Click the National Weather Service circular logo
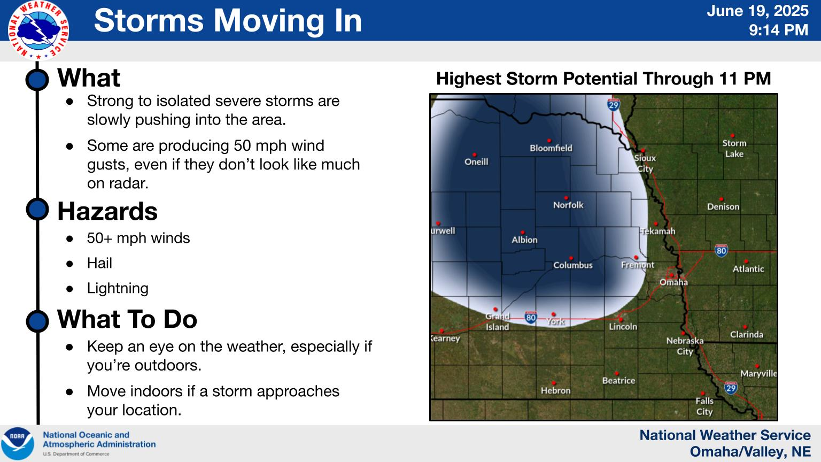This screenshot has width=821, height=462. tap(38, 30)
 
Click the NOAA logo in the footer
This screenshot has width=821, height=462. tap(18, 443)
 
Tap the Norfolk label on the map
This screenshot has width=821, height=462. tap(568, 205)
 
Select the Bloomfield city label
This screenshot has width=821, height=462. tap(551, 148)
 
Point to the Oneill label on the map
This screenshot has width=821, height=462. tap(476, 161)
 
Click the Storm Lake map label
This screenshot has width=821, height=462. tap(734, 149)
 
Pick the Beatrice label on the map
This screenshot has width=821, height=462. tap(618, 381)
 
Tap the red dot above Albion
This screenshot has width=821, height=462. tap(523, 233)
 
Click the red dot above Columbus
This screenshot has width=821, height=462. tap(571, 258)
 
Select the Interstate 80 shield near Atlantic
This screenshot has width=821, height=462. tap(721, 250)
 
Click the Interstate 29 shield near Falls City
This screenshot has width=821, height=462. tap(731, 388)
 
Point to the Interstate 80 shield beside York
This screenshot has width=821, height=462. tap(531, 317)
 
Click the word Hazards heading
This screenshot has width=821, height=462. tap(107, 212)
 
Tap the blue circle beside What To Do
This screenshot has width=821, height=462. tap(37, 321)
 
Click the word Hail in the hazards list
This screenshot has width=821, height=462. tap(99, 263)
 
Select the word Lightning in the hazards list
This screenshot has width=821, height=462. tap(118, 288)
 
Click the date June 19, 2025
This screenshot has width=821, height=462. tap(757, 11)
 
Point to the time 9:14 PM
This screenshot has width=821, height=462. tap(778, 30)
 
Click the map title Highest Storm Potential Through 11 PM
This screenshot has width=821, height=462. tap(603, 79)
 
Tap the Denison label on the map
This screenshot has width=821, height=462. tap(723, 207)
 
